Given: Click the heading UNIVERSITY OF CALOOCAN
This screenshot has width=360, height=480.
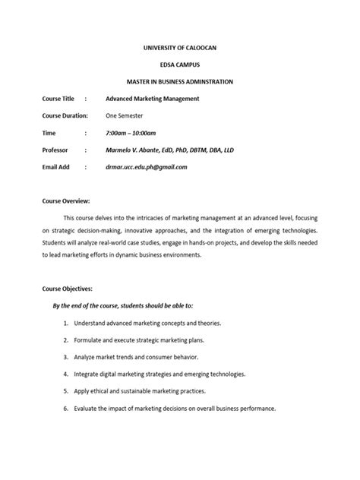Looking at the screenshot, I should [180, 47].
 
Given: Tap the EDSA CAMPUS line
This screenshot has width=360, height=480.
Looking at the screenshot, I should [180, 64].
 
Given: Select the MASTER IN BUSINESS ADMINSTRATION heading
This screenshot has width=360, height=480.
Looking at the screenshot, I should [180, 81].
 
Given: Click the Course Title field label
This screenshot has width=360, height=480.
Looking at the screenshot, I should [58, 99].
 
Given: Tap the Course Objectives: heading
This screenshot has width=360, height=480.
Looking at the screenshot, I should [67, 289].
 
